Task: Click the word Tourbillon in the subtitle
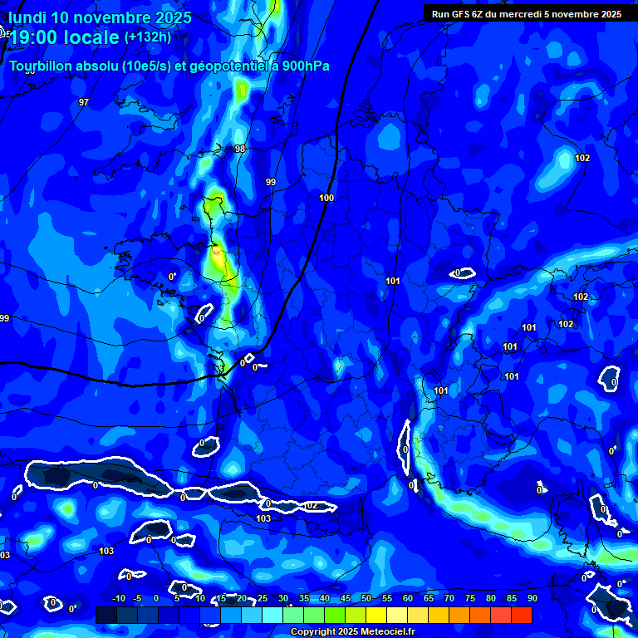(42, 66)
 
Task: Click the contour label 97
(83, 102)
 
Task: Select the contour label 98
(240, 149)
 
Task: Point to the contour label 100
(326, 198)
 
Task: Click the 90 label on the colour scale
(532, 598)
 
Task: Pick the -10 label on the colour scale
(118, 598)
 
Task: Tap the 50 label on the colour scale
(366, 598)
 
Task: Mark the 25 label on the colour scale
(262, 598)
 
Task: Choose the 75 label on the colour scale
(469, 598)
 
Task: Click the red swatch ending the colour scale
(521, 615)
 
